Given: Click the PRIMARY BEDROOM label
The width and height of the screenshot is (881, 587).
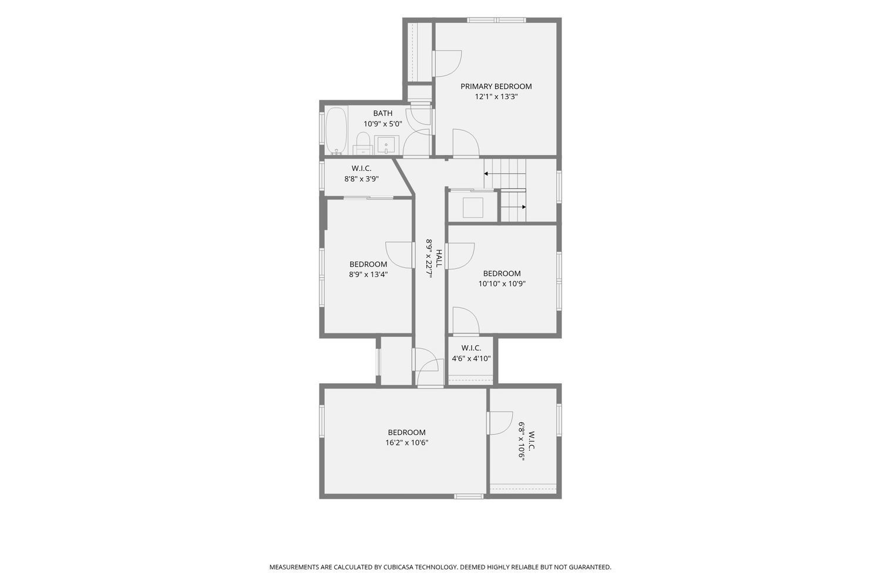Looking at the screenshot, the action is pyautogui.click(x=496, y=86).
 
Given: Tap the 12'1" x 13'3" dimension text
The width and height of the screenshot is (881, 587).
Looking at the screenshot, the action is pyautogui.click(x=496, y=97).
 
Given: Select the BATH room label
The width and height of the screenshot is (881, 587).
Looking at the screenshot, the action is pyautogui.click(x=383, y=113).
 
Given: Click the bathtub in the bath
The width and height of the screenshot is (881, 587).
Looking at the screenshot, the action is pyautogui.click(x=337, y=131).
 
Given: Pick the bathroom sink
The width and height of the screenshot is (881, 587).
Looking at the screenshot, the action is pyautogui.click(x=386, y=144).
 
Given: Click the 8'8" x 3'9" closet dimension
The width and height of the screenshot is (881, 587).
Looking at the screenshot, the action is pyautogui.click(x=361, y=179).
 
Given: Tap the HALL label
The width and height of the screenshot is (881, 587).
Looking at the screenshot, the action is pyautogui.click(x=439, y=258).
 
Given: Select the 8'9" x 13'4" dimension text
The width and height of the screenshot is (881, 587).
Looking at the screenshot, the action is pyautogui.click(x=368, y=275).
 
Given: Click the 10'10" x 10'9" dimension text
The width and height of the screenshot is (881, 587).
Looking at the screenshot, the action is pyautogui.click(x=502, y=284).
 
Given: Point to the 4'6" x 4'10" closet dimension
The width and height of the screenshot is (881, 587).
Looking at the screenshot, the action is pyautogui.click(x=471, y=358).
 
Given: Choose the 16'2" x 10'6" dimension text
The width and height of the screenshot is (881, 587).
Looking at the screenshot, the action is pyautogui.click(x=406, y=443).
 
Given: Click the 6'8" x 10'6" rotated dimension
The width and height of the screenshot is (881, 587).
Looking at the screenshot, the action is pyautogui.click(x=522, y=441).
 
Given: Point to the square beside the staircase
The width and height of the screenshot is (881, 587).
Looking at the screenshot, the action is pyautogui.click(x=473, y=208).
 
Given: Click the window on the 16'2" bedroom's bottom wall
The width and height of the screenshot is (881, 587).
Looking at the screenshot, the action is pyautogui.click(x=469, y=497).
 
